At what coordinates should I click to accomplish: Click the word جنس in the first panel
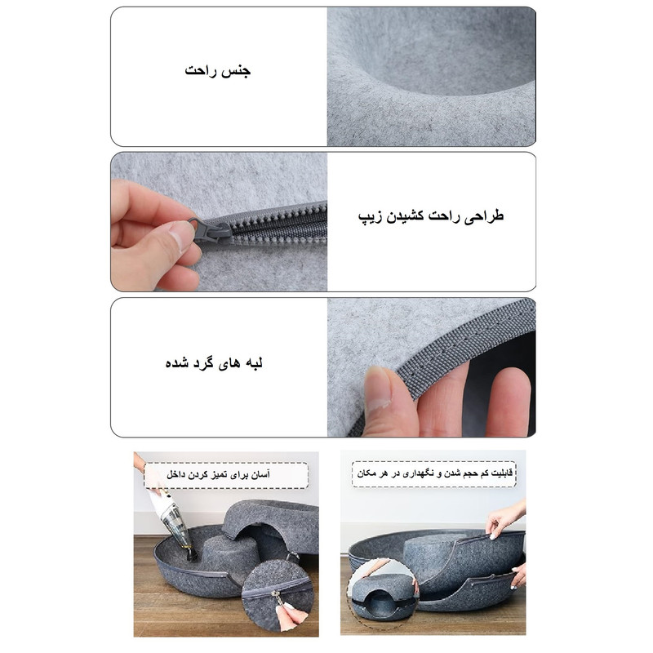(x=237, y=71)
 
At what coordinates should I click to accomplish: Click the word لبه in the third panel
(x=252, y=363)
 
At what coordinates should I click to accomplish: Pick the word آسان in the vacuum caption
(x=260, y=474)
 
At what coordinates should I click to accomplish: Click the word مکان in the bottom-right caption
(x=366, y=473)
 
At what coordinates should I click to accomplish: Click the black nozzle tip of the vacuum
(x=192, y=553)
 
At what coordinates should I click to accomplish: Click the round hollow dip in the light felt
(x=442, y=54)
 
